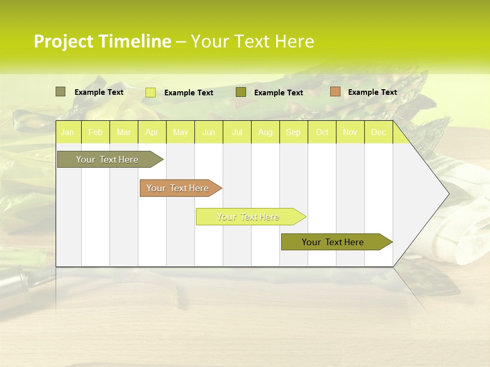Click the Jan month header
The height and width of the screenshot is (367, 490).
pos(67,133)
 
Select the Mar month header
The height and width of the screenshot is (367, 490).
pos(124,133)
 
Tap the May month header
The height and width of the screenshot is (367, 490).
pos(180,133)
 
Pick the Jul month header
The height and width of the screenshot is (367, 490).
pos(237,133)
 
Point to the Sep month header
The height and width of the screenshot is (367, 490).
pos(293,133)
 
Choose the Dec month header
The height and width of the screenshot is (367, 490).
pos(378,133)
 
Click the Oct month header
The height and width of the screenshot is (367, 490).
pos(322,133)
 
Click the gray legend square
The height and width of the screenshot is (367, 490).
pos(60,92)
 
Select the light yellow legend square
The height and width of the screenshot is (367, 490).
pos(150,92)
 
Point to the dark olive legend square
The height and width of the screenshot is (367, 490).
pos(241,92)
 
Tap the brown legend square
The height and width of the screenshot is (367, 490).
pos(335,92)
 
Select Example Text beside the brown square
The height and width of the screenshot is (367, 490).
pos(372,92)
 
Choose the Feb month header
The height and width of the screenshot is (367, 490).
pos(95,133)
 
